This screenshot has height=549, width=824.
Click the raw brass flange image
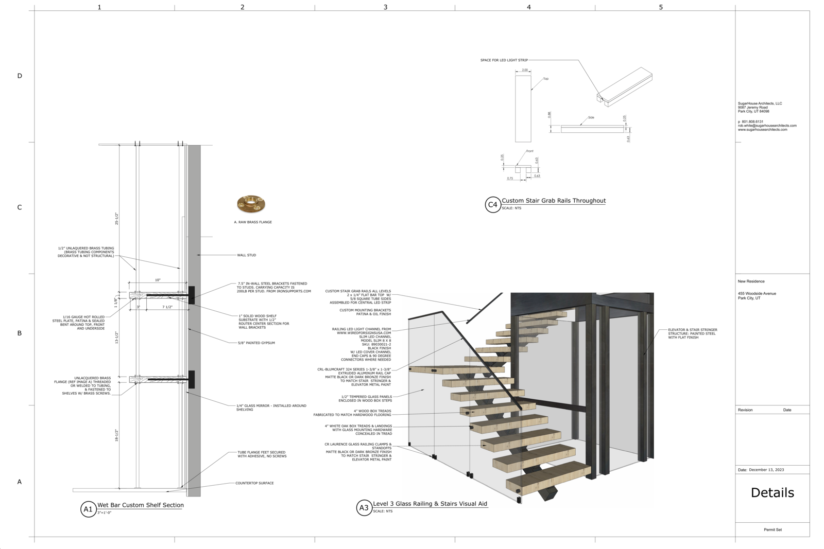point(251,204)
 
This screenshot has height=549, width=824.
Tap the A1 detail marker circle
point(88,509)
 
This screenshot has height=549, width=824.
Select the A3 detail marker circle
point(364,508)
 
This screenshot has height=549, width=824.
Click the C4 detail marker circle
point(493,205)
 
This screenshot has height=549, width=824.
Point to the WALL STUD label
point(246,255)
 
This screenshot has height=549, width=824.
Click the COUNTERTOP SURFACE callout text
point(254,483)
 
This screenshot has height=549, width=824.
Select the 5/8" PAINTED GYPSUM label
point(256,343)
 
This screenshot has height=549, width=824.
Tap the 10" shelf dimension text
point(158,280)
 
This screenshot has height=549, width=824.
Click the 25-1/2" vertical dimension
point(117,219)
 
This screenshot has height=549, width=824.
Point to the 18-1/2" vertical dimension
point(117,435)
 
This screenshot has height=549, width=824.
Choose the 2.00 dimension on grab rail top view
point(525,70)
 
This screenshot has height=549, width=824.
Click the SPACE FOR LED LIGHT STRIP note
point(504,60)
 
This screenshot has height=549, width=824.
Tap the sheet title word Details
point(772,493)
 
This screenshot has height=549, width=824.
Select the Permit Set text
point(772,529)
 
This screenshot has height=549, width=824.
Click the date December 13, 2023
point(766,470)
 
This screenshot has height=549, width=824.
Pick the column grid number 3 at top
point(385,7)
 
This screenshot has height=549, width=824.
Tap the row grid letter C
point(20,207)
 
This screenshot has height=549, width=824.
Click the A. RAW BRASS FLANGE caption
point(253,222)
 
